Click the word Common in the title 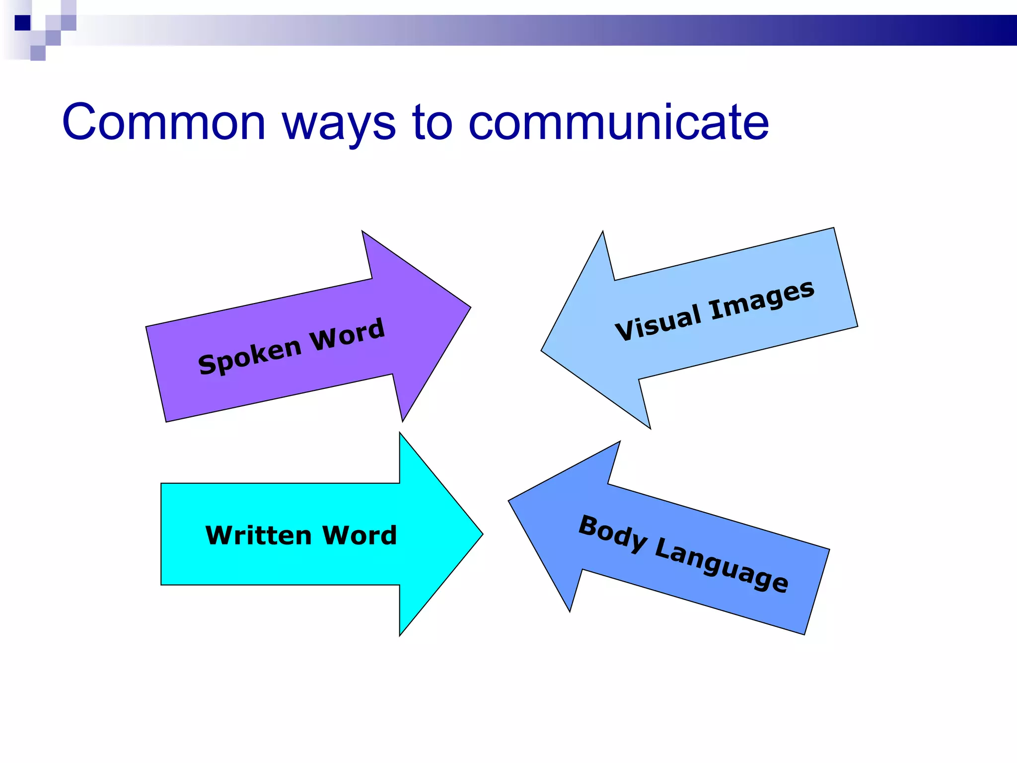(x=164, y=122)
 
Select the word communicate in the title (x=618, y=122)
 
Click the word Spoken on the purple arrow (x=250, y=356)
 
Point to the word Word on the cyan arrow (x=360, y=535)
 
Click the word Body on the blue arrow (x=613, y=534)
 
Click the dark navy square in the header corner (x=22, y=23)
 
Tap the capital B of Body (x=589, y=526)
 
